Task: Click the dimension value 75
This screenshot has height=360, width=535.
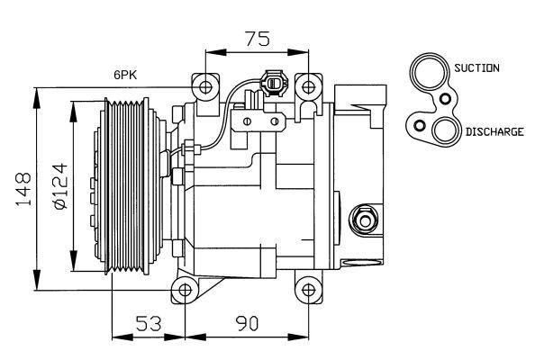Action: point(258,39)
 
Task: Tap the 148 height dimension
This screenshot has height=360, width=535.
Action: point(23,189)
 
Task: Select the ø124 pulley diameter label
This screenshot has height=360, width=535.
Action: point(60,185)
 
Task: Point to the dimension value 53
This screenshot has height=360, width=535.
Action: point(149,323)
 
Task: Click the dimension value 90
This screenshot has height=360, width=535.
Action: point(247,323)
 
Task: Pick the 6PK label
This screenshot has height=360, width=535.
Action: point(125,75)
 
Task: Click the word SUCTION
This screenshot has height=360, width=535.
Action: point(476,67)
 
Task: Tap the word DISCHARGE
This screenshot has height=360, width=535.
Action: point(494,131)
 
